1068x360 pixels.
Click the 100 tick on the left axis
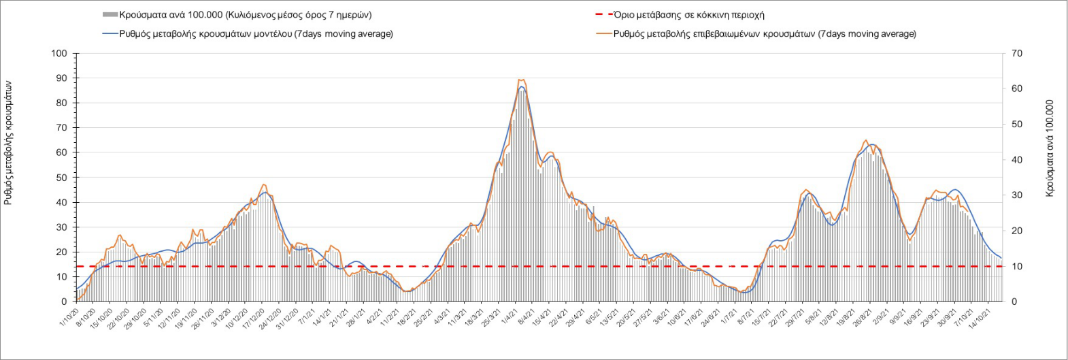point(60,54)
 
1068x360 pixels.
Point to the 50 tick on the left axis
point(62,178)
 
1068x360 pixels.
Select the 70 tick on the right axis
point(1017,54)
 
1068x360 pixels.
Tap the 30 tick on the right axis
point(1017,195)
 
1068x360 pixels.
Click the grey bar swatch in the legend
point(110,15)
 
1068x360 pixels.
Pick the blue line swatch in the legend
point(110,33)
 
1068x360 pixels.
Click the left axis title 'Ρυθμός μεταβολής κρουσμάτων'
point(9,143)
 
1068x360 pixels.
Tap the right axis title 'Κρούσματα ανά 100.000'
point(1050,148)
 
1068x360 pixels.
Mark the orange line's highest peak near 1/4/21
point(520,80)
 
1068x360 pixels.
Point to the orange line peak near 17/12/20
point(263,184)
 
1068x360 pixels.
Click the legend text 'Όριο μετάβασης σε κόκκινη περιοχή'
point(688,14)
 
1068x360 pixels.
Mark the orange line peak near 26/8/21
point(865,141)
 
